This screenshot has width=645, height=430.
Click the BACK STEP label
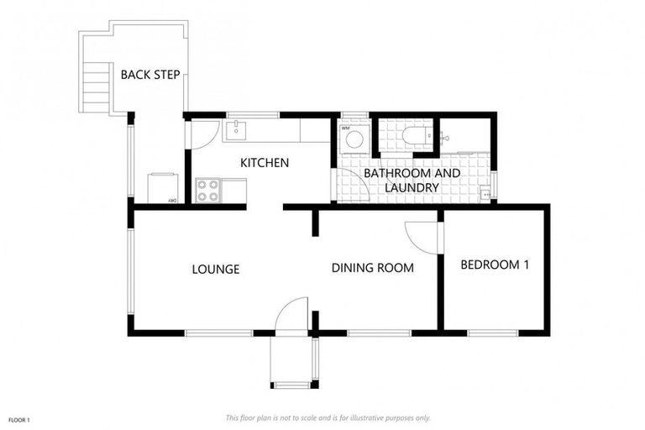150,75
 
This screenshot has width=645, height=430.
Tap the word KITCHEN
265,162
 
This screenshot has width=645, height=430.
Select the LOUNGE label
216,270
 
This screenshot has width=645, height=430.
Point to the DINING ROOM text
372,268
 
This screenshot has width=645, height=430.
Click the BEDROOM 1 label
495,265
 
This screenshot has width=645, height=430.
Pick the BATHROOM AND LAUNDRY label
412,181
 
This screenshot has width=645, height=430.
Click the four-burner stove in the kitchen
207,191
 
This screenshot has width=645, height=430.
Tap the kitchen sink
238,129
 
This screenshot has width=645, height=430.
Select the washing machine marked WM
354,138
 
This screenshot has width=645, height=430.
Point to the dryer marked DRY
163,187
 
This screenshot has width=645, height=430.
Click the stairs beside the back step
97,85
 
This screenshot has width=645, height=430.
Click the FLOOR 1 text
19,419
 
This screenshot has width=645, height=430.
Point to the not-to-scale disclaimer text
328,417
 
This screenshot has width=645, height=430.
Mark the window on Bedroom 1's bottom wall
492,333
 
